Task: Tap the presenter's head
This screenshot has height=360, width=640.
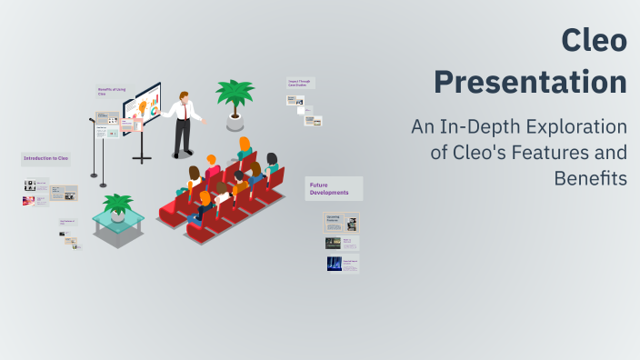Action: click(x=184, y=95)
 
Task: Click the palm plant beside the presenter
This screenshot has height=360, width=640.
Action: click(x=235, y=95)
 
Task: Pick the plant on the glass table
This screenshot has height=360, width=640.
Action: click(x=118, y=204)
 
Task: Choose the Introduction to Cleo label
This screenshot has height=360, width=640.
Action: click(x=45, y=158)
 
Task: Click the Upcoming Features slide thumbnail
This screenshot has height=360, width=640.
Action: click(x=341, y=222)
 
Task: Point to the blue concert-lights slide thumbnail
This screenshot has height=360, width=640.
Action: click(x=342, y=265)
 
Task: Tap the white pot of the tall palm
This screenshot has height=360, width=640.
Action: click(x=235, y=120)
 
